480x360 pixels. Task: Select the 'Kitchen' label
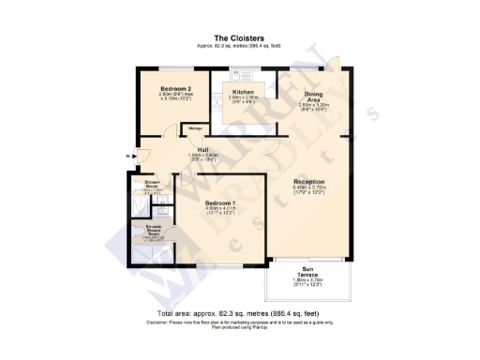[244, 92]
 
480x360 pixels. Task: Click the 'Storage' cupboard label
[195, 127]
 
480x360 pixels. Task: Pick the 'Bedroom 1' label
[220, 202]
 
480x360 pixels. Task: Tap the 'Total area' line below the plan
[239, 314]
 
